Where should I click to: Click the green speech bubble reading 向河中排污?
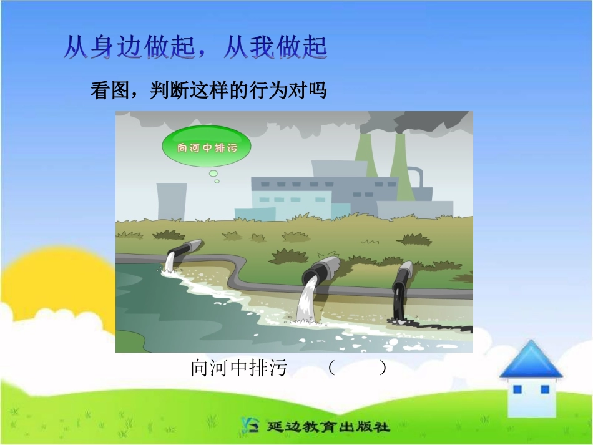click(x=207, y=148)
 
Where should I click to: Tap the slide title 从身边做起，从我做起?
click(x=195, y=48)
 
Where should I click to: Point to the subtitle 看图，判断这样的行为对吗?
click(x=208, y=91)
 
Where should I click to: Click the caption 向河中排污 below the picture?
click(x=238, y=368)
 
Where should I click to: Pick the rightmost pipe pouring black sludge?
click(x=402, y=278)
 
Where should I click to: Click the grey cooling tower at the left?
click(x=171, y=201)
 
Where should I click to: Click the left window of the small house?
click(x=517, y=389)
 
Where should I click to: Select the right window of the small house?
click(x=544, y=389)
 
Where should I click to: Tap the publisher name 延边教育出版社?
click(x=328, y=427)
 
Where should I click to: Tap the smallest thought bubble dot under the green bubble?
click(x=217, y=181)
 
